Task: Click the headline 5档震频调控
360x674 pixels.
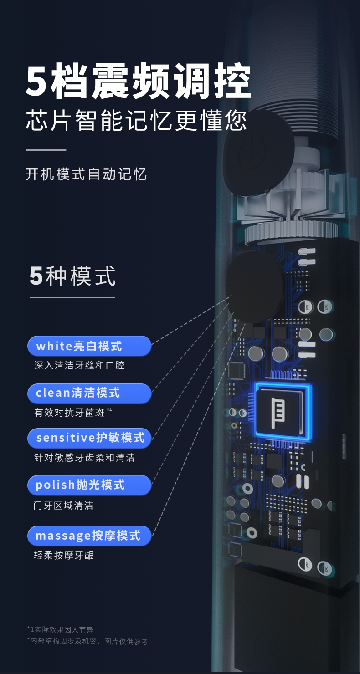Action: tap(138, 82)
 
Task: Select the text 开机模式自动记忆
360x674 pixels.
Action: tap(86, 174)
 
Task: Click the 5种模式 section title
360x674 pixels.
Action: tap(72, 276)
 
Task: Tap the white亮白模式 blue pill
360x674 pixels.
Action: tap(89, 346)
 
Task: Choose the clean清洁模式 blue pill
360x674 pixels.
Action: tap(89, 393)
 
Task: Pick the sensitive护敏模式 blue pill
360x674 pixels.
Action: tap(89, 438)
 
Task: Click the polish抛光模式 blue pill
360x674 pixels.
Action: tap(89, 485)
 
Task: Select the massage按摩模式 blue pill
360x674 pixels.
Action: tap(89, 536)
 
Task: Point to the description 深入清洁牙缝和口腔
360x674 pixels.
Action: tap(79, 365)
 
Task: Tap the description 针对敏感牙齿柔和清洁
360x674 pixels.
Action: tap(84, 458)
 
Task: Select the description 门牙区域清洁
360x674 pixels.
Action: tap(63, 505)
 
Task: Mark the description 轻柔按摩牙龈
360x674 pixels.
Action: tap(64, 556)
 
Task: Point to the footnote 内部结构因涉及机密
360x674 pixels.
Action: tap(87, 641)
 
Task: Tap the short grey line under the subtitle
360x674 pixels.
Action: tap(46, 149)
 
